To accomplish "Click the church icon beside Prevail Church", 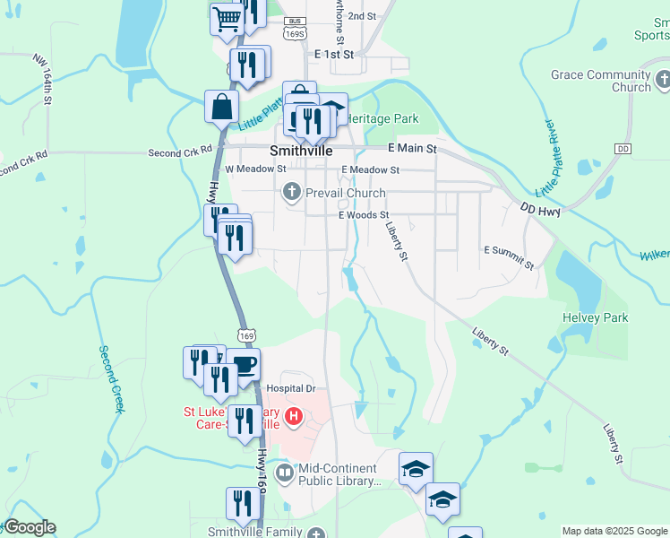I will (x=292, y=191).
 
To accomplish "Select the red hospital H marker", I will (x=293, y=417).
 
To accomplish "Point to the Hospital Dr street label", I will (x=292, y=388).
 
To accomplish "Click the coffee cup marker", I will (x=244, y=365).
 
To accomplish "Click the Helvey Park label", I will (x=595, y=317).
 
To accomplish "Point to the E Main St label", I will (x=412, y=148).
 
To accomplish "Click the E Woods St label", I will (x=364, y=215).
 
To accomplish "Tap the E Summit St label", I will (x=509, y=257).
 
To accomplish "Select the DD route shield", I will (x=623, y=148).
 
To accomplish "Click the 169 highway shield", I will (x=247, y=335).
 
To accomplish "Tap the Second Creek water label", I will (x=110, y=379).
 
